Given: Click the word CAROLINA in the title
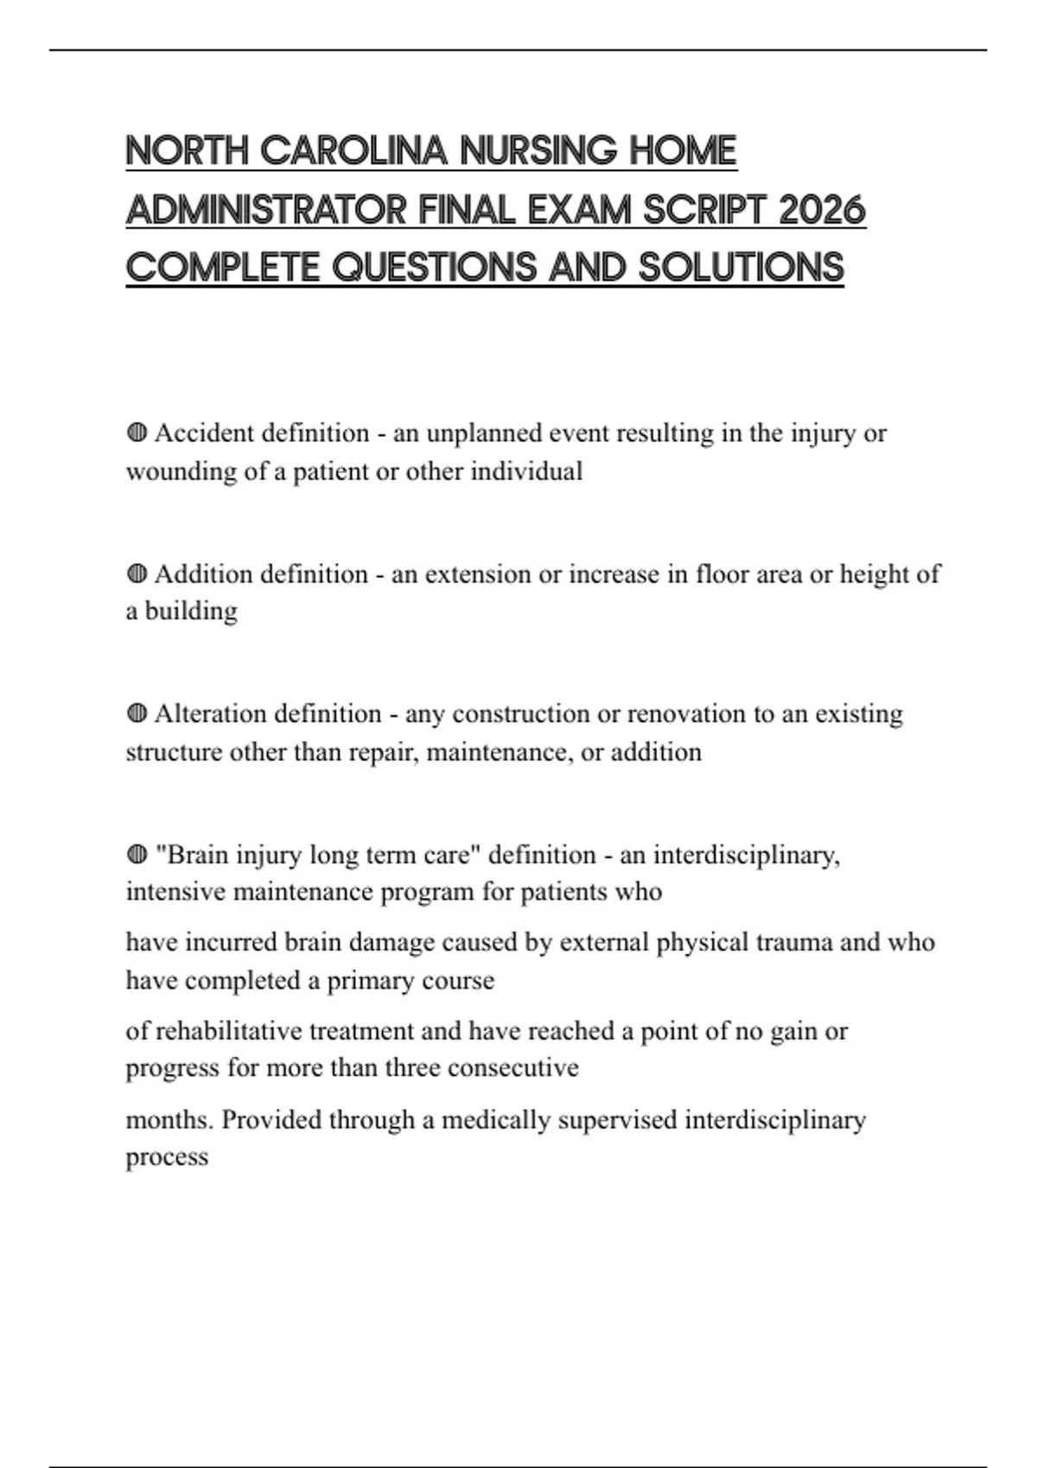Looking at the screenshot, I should coord(353,151).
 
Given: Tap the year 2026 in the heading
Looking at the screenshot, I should coord(822,210).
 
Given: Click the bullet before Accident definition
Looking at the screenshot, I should coord(137,433).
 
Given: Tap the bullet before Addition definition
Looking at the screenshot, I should coord(137,573).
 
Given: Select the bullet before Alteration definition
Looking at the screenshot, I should coord(137,714).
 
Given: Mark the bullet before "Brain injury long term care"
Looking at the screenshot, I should coord(137,855).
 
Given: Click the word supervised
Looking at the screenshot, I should coord(617,1120).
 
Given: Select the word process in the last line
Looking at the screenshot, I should coord(167,1157).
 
